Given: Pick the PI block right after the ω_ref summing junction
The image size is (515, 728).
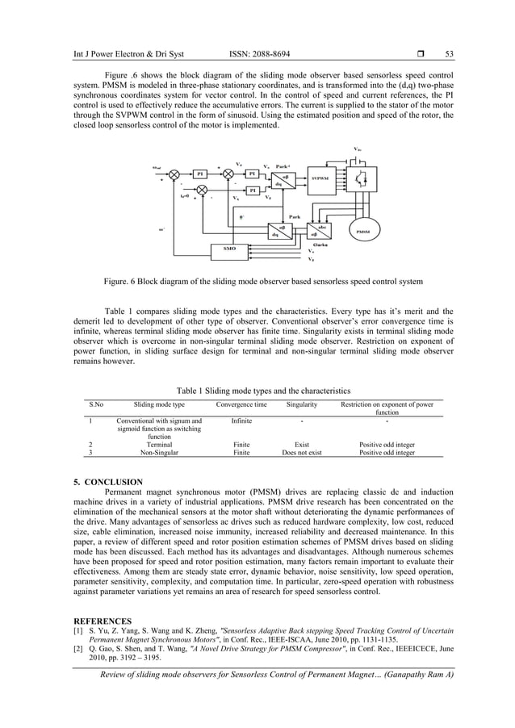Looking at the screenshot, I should (x=199, y=173).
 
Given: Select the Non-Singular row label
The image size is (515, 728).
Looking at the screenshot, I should (x=159, y=453).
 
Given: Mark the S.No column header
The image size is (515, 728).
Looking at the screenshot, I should (x=95, y=404).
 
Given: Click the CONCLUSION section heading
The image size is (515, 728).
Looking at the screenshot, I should (x=108, y=482).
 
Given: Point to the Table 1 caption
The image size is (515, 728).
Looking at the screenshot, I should (x=263, y=390).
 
